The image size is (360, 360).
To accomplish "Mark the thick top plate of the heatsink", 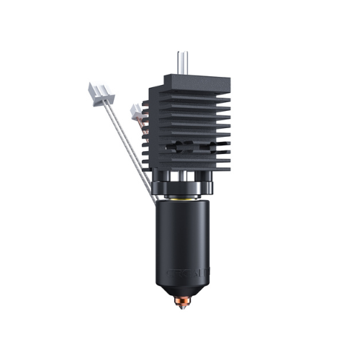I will click(x=184, y=80).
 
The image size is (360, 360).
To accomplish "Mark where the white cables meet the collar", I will click(x=153, y=192).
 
